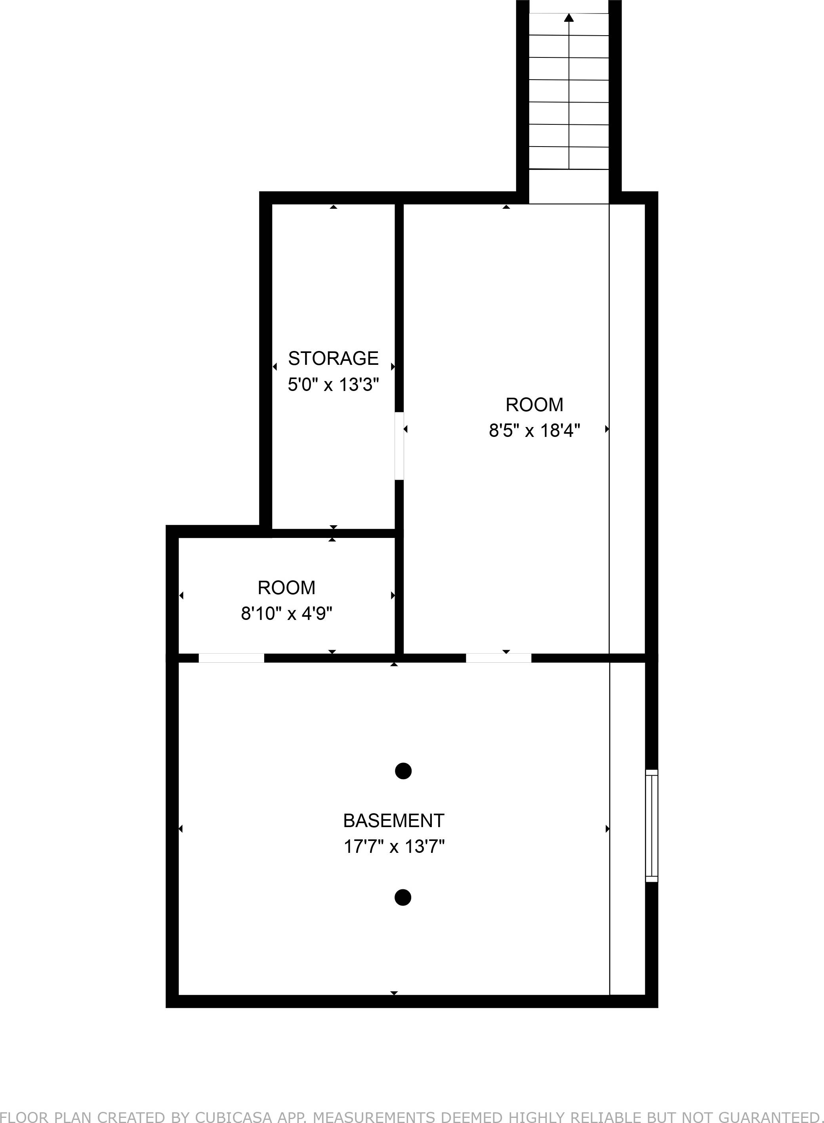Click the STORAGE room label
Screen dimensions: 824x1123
tap(333, 358)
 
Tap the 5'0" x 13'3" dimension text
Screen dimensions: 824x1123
tap(333, 385)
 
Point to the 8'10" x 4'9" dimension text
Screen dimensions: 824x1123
tap(286, 613)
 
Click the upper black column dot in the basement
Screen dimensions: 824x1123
tap(403, 771)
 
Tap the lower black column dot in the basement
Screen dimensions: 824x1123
tap(402, 898)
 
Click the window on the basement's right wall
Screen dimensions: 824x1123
tap(651, 826)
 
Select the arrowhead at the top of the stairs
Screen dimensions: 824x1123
tap(568, 17)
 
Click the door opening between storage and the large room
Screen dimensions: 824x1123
tap(399, 446)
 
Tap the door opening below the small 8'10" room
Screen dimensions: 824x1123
tap(231, 658)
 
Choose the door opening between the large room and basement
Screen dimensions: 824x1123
tap(498, 658)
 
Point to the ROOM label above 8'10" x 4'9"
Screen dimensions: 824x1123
tap(286, 587)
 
